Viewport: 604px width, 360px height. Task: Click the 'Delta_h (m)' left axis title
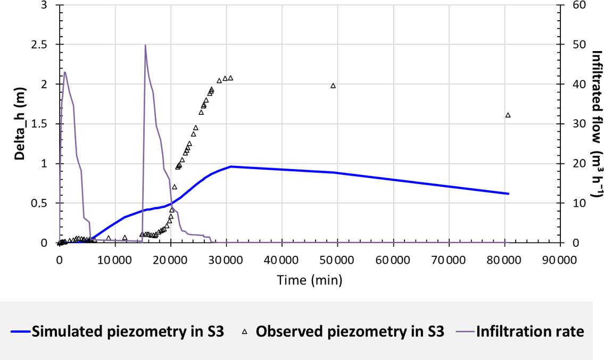20,124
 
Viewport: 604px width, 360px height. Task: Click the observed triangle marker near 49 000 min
333,86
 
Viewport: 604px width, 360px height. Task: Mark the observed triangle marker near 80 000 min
508,115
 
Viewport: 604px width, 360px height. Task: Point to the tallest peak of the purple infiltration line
145,45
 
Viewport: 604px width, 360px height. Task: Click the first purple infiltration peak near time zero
64,72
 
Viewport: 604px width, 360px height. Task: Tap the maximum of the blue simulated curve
231,166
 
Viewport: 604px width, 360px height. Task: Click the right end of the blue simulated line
508,194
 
